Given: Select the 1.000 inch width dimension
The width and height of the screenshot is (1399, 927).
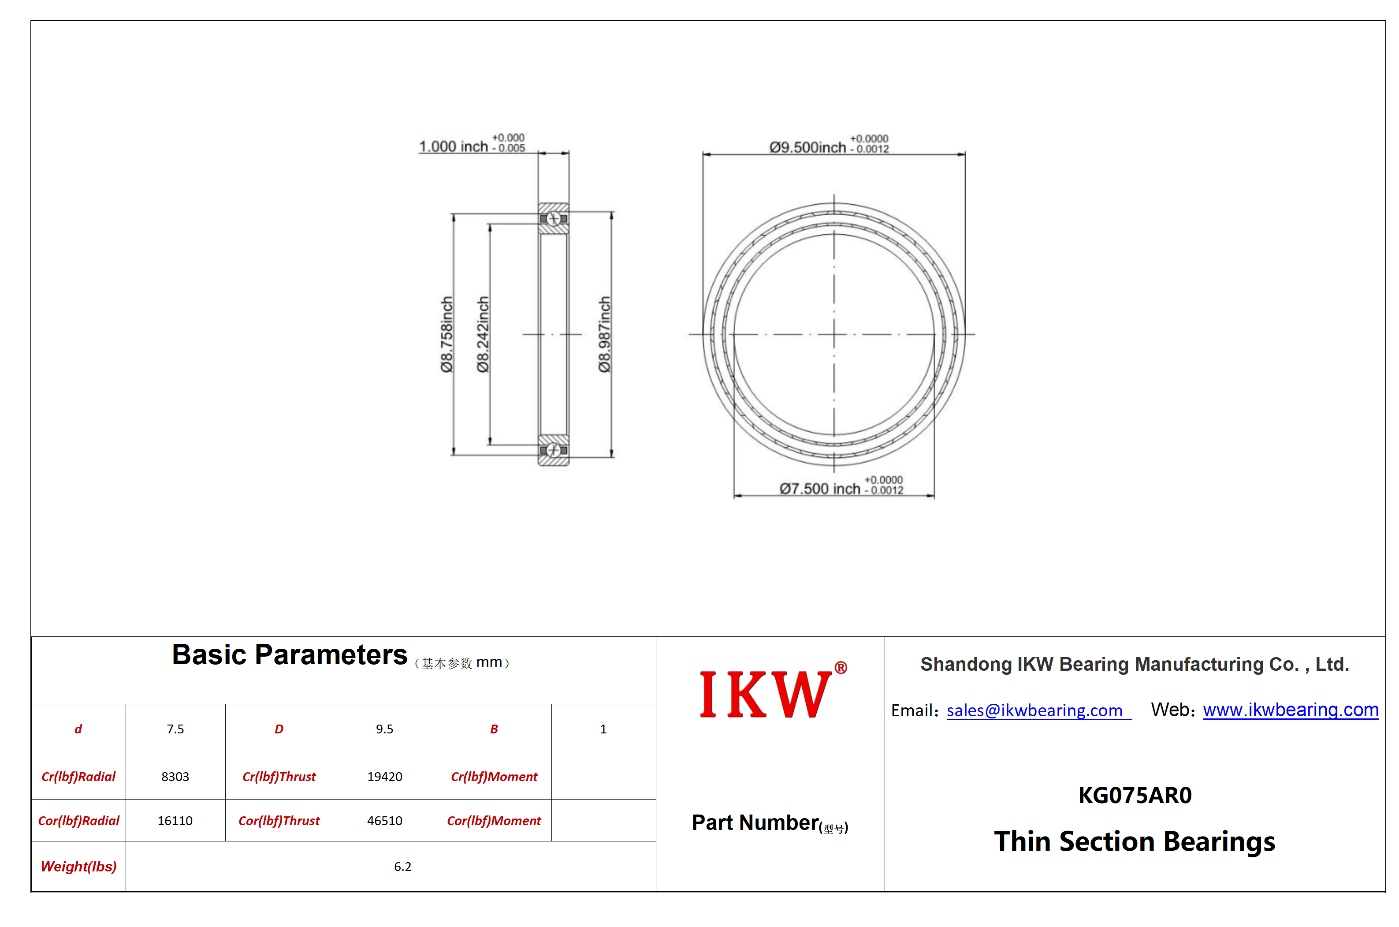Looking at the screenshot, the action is (472, 144).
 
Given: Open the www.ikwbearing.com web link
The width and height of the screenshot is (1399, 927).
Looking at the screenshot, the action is (1290, 710).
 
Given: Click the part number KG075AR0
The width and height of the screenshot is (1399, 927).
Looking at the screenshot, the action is (1135, 795).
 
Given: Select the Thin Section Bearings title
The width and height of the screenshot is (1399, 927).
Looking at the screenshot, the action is (1135, 841).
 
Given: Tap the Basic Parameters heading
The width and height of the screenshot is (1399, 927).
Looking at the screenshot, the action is (290, 654).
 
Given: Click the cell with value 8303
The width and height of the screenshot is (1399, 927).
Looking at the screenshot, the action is (175, 776).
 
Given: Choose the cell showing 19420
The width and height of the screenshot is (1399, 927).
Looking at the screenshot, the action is (385, 776).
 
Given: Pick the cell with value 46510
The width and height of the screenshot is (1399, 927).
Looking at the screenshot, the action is (385, 821).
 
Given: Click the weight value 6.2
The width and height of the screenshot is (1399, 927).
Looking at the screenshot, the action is (402, 867).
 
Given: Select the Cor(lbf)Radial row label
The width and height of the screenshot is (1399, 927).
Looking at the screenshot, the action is (78, 821).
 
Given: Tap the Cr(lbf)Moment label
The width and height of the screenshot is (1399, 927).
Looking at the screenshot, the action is (494, 776).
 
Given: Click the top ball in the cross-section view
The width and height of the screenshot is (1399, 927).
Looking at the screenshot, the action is (554, 219).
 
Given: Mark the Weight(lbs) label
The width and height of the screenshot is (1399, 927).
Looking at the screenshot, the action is (78, 867).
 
